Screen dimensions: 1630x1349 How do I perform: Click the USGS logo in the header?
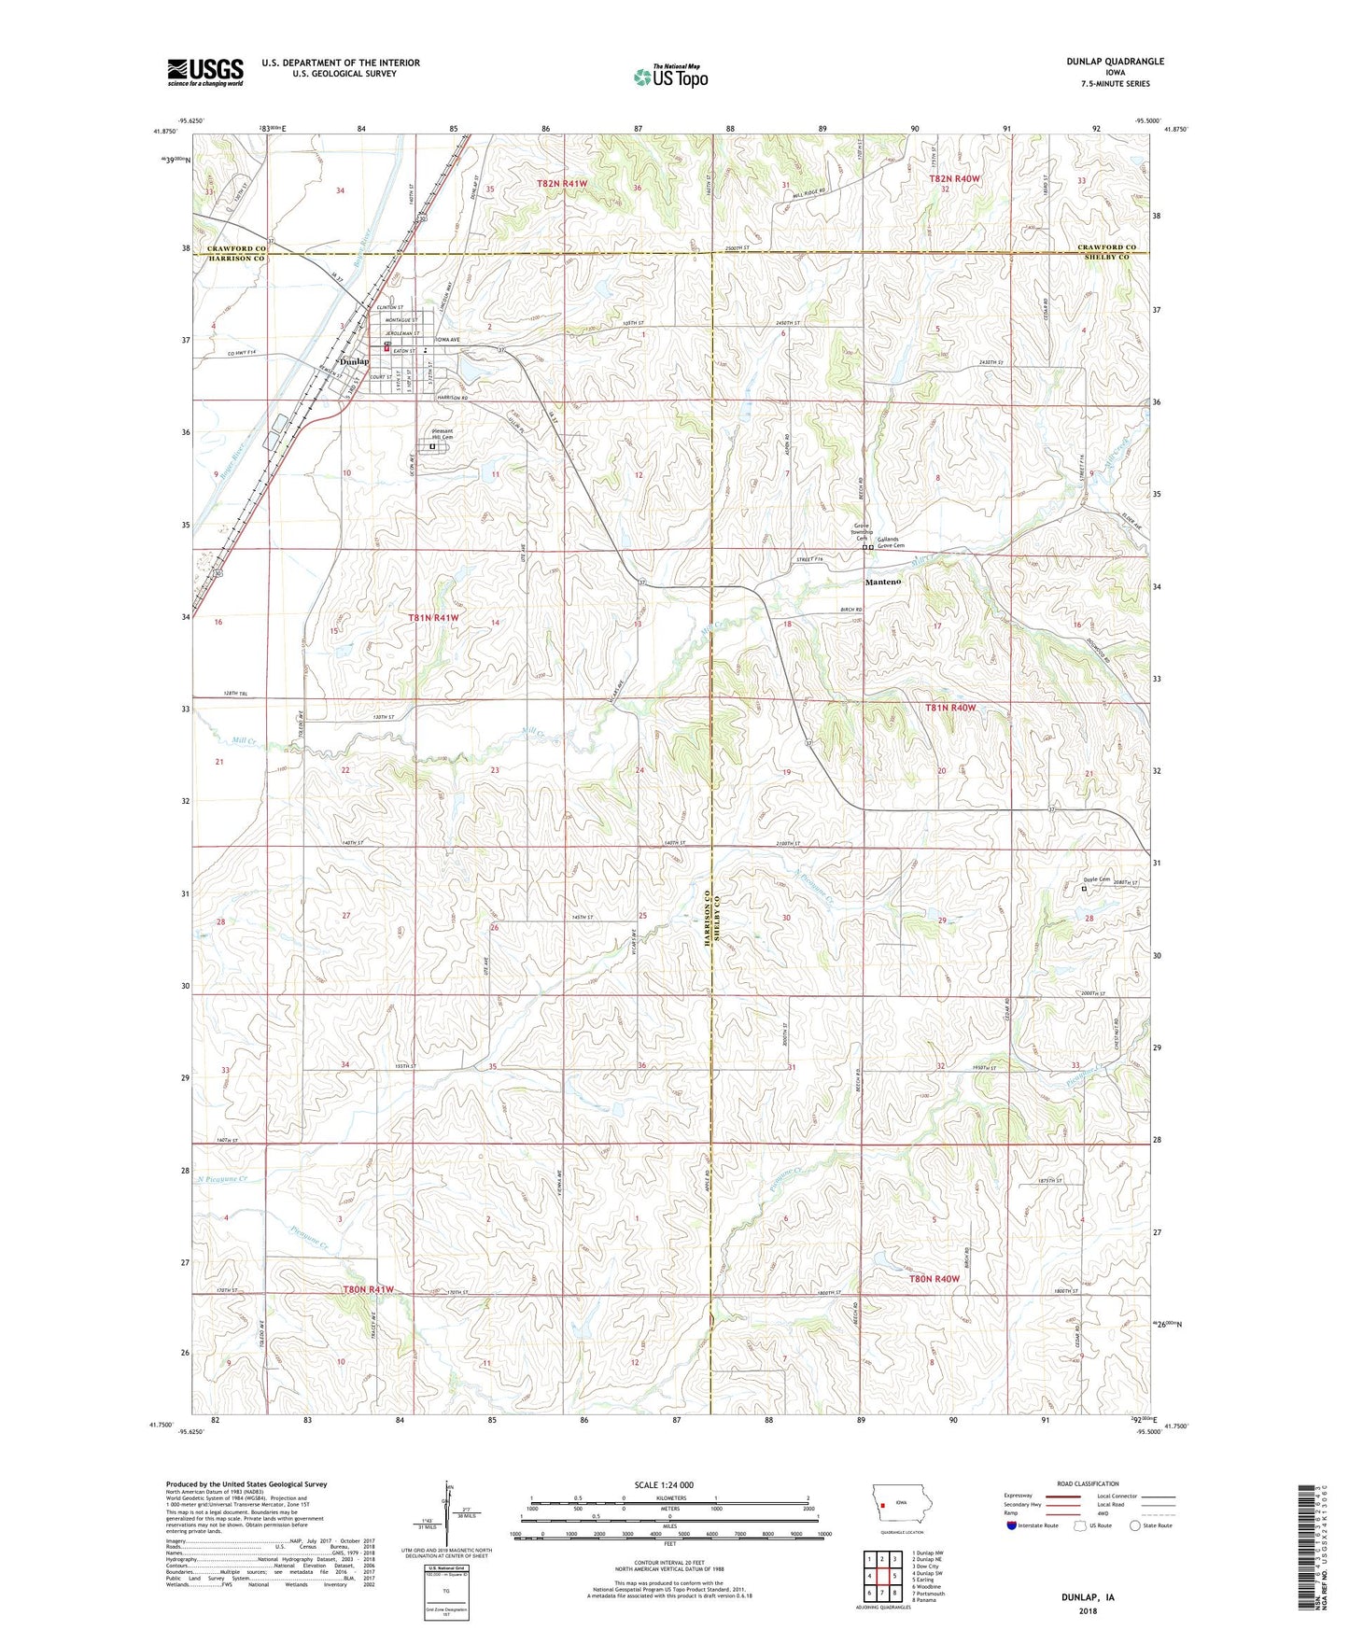click(x=205, y=71)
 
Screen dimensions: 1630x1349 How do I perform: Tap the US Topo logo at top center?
click(x=670, y=77)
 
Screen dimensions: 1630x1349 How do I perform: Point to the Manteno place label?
click(x=883, y=582)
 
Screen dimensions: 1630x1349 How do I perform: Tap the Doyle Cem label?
click(x=1096, y=878)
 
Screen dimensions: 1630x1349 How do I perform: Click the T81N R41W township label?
click(x=433, y=618)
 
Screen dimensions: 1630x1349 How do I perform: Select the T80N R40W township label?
click(x=934, y=1278)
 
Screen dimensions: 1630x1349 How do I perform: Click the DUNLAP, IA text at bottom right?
click(x=1088, y=1596)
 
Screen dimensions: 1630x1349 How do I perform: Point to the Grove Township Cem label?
click(x=861, y=532)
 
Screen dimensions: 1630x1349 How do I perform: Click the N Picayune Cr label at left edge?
click(x=222, y=1179)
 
